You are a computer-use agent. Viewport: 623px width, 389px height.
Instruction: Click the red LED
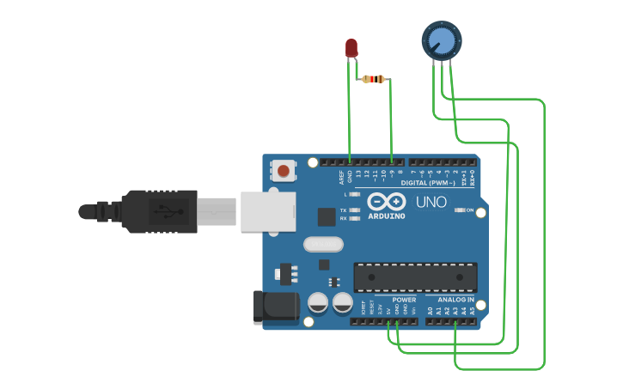tap(351, 48)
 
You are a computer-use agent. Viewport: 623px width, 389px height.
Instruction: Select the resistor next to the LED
tap(373, 79)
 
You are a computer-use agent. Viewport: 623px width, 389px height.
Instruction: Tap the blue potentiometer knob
tap(441, 40)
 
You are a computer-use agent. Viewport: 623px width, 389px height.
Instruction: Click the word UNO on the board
tap(431, 203)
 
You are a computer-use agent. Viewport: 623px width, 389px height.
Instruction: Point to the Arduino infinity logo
tap(385, 202)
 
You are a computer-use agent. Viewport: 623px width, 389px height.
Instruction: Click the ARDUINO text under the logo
tap(386, 216)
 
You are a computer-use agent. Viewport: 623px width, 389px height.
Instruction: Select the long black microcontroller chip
tap(414, 277)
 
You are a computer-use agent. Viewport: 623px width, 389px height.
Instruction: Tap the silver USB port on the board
tap(267, 211)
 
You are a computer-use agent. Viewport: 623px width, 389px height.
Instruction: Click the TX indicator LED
tap(354, 210)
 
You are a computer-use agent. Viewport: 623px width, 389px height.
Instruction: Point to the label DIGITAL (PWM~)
tap(428, 183)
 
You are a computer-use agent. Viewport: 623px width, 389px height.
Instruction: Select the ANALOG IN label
tap(457, 300)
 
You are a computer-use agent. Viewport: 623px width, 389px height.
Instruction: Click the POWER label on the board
tap(404, 300)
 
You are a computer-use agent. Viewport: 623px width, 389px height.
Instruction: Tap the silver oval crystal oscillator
tap(323, 244)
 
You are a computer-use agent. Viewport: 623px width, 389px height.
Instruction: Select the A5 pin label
tap(472, 311)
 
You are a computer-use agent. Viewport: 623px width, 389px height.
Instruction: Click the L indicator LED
tap(354, 195)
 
